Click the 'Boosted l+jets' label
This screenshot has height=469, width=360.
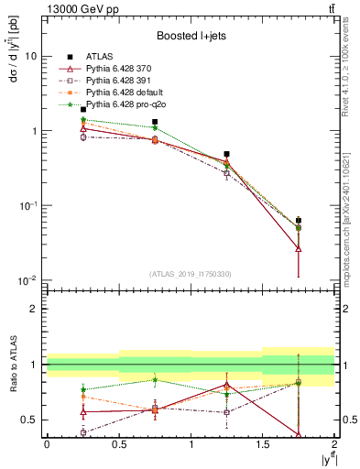click(190, 37)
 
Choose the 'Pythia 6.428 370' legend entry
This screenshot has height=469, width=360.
click(118, 69)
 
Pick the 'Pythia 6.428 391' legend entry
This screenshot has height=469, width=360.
click(118, 81)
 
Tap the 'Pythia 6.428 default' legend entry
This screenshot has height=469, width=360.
click(124, 93)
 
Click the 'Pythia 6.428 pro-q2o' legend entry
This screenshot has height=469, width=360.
click(125, 104)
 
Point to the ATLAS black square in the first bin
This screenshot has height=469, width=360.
click(83, 110)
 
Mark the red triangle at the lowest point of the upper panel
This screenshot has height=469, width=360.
click(299, 248)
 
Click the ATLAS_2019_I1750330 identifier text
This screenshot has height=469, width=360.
click(190, 273)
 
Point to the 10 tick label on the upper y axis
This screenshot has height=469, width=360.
click(30, 56)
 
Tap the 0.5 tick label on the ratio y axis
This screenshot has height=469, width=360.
click(29, 420)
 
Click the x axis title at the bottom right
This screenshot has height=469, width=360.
click(324, 458)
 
